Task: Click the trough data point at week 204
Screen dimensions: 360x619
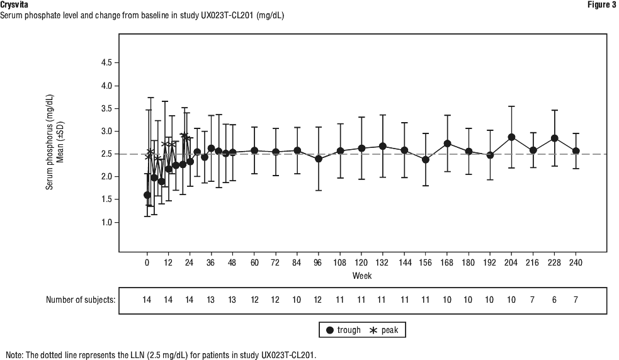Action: click(x=511, y=137)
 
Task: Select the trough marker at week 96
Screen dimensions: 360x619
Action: click(x=319, y=159)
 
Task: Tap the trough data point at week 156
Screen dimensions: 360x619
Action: click(x=426, y=159)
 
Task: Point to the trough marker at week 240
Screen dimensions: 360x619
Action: click(x=576, y=151)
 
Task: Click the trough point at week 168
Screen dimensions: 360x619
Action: click(x=447, y=143)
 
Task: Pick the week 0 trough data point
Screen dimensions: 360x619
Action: click(x=147, y=195)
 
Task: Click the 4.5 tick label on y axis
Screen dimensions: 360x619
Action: click(x=106, y=63)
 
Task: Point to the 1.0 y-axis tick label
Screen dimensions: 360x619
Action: click(x=106, y=222)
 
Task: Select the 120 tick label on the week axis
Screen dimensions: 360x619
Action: click(x=361, y=262)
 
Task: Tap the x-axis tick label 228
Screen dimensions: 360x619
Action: click(x=554, y=262)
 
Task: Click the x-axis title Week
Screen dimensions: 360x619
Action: click(x=361, y=276)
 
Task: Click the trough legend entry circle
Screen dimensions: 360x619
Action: click(x=330, y=330)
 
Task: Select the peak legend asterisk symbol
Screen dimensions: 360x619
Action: click(x=373, y=330)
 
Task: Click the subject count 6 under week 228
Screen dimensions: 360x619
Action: click(x=554, y=300)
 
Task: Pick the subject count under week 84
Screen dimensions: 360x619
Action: click(x=297, y=300)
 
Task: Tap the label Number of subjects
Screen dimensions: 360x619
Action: click(x=81, y=300)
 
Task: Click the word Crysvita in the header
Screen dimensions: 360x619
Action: click(x=14, y=5)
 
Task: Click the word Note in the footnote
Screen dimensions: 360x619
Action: click(x=14, y=354)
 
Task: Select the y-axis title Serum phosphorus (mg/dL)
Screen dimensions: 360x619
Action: click(x=49, y=148)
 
